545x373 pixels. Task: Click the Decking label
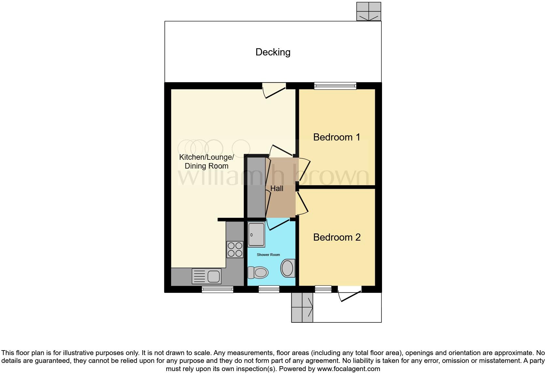(x=273, y=52)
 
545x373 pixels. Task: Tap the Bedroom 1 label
(x=337, y=137)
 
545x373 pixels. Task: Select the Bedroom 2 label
(x=337, y=237)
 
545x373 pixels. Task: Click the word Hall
(x=277, y=188)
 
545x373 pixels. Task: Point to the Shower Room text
(x=268, y=255)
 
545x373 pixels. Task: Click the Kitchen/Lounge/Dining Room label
(x=206, y=161)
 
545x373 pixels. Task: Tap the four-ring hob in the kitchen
(x=235, y=249)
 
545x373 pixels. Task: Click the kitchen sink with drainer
(x=207, y=276)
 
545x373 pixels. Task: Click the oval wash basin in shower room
(x=287, y=268)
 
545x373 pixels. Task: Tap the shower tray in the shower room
(x=256, y=234)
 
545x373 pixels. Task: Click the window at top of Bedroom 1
(x=335, y=86)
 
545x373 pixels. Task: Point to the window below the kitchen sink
(x=217, y=289)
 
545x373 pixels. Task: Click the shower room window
(x=269, y=289)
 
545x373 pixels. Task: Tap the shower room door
(x=278, y=225)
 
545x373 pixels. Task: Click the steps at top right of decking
(x=369, y=11)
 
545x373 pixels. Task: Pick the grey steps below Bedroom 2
(x=302, y=307)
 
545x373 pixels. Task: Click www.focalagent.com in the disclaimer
(x=348, y=369)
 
